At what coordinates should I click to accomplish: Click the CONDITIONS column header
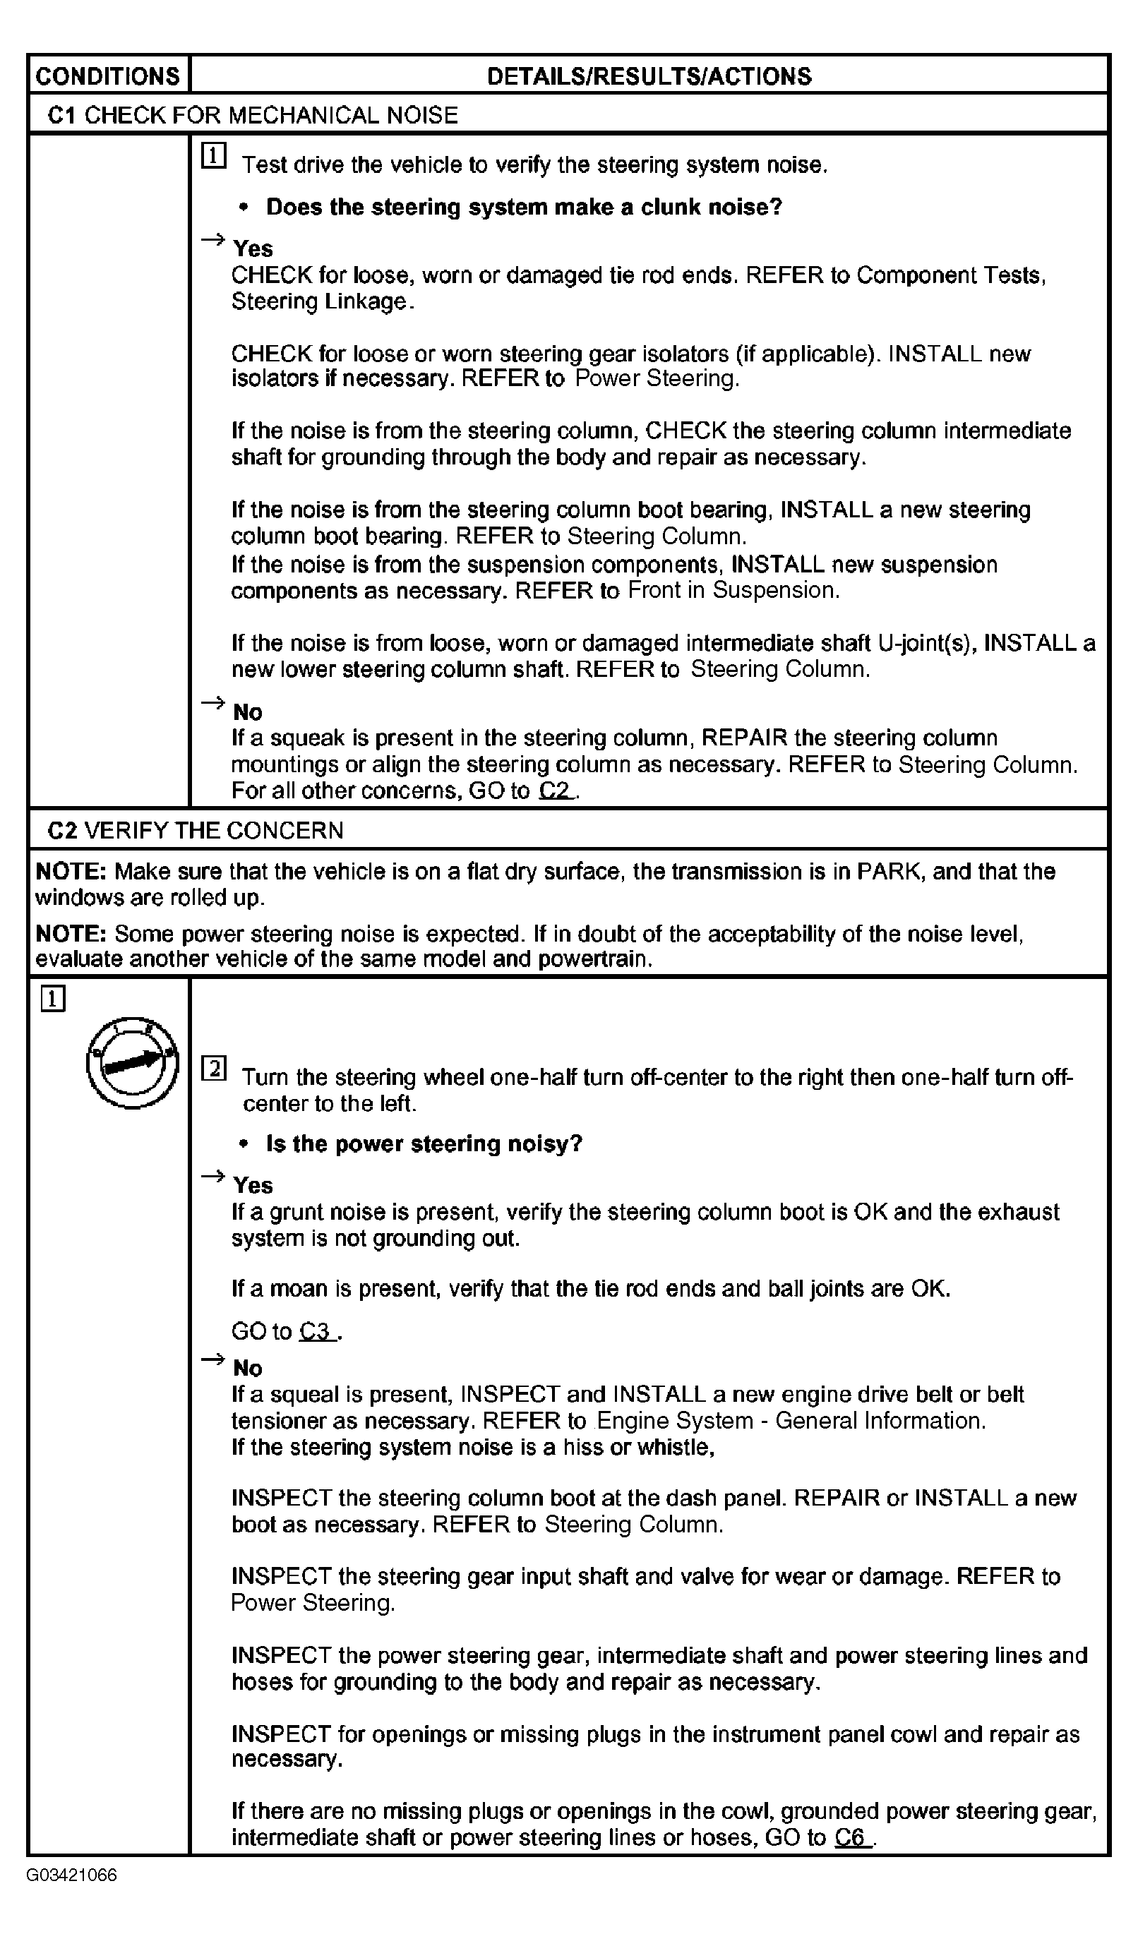click(107, 76)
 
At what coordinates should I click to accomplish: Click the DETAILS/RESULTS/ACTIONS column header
click(649, 76)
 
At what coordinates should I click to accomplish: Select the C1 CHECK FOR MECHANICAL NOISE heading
click(253, 115)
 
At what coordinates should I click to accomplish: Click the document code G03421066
click(71, 1876)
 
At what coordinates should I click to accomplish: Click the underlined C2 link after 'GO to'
click(556, 791)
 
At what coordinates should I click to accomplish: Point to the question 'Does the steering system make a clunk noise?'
click(523, 208)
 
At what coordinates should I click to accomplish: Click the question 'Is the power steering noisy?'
click(424, 1144)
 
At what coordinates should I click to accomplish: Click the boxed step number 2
click(213, 1069)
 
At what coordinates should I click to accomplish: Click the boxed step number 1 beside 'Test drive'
click(213, 156)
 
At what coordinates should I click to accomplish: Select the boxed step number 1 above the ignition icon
click(53, 999)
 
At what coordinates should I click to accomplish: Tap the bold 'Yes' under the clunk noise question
click(253, 248)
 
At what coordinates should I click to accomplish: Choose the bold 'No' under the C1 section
click(247, 712)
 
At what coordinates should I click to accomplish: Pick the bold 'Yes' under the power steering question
click(253, 1186)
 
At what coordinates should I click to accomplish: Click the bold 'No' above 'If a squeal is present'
click(247, 1369)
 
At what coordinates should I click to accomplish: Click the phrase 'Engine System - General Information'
click(791, 1421)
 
